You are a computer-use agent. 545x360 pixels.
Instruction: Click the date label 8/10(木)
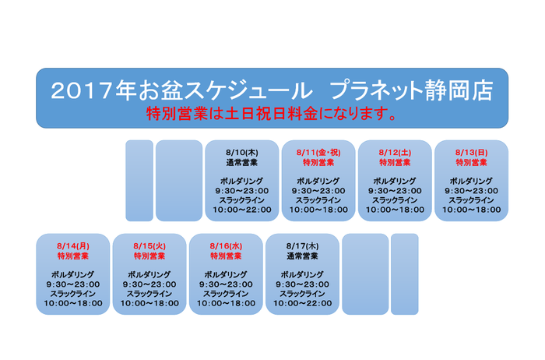pos(242,153)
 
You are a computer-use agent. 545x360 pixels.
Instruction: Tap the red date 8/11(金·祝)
pos(318,153)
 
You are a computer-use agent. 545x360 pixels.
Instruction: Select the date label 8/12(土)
pos(395,153)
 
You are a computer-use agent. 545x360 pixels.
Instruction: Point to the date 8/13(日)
pos(471,153)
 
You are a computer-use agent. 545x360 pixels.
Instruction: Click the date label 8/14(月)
pos(73,246)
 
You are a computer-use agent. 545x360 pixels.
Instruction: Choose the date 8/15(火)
pos(149,246)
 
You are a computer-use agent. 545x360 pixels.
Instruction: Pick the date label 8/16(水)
pos(226,246)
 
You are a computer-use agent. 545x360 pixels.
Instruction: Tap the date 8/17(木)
pos(302,246)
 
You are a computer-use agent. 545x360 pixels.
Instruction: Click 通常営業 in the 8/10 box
pos(242,162)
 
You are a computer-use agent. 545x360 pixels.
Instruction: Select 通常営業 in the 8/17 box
pos(302,256)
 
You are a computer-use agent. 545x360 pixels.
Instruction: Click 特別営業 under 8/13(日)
pos(471,162)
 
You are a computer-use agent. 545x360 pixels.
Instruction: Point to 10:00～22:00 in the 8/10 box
pos(242,210)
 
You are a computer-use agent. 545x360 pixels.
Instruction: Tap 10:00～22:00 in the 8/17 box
pos(302,303)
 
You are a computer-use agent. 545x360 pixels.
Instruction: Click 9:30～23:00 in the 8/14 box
pos(73,284)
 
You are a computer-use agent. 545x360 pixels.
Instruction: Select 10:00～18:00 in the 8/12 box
pos(395,210)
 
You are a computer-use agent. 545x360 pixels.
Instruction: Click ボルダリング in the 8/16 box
pos(226,274)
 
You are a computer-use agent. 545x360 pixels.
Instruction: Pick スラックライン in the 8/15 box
pos(149,294)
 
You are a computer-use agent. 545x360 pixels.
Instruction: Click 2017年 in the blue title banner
pos(93,90)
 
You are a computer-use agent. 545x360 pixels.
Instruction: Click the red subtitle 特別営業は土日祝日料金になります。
pos(272,114)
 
